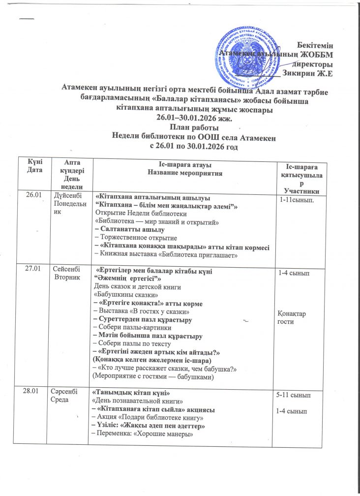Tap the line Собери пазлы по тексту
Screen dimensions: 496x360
click(133, 343)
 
